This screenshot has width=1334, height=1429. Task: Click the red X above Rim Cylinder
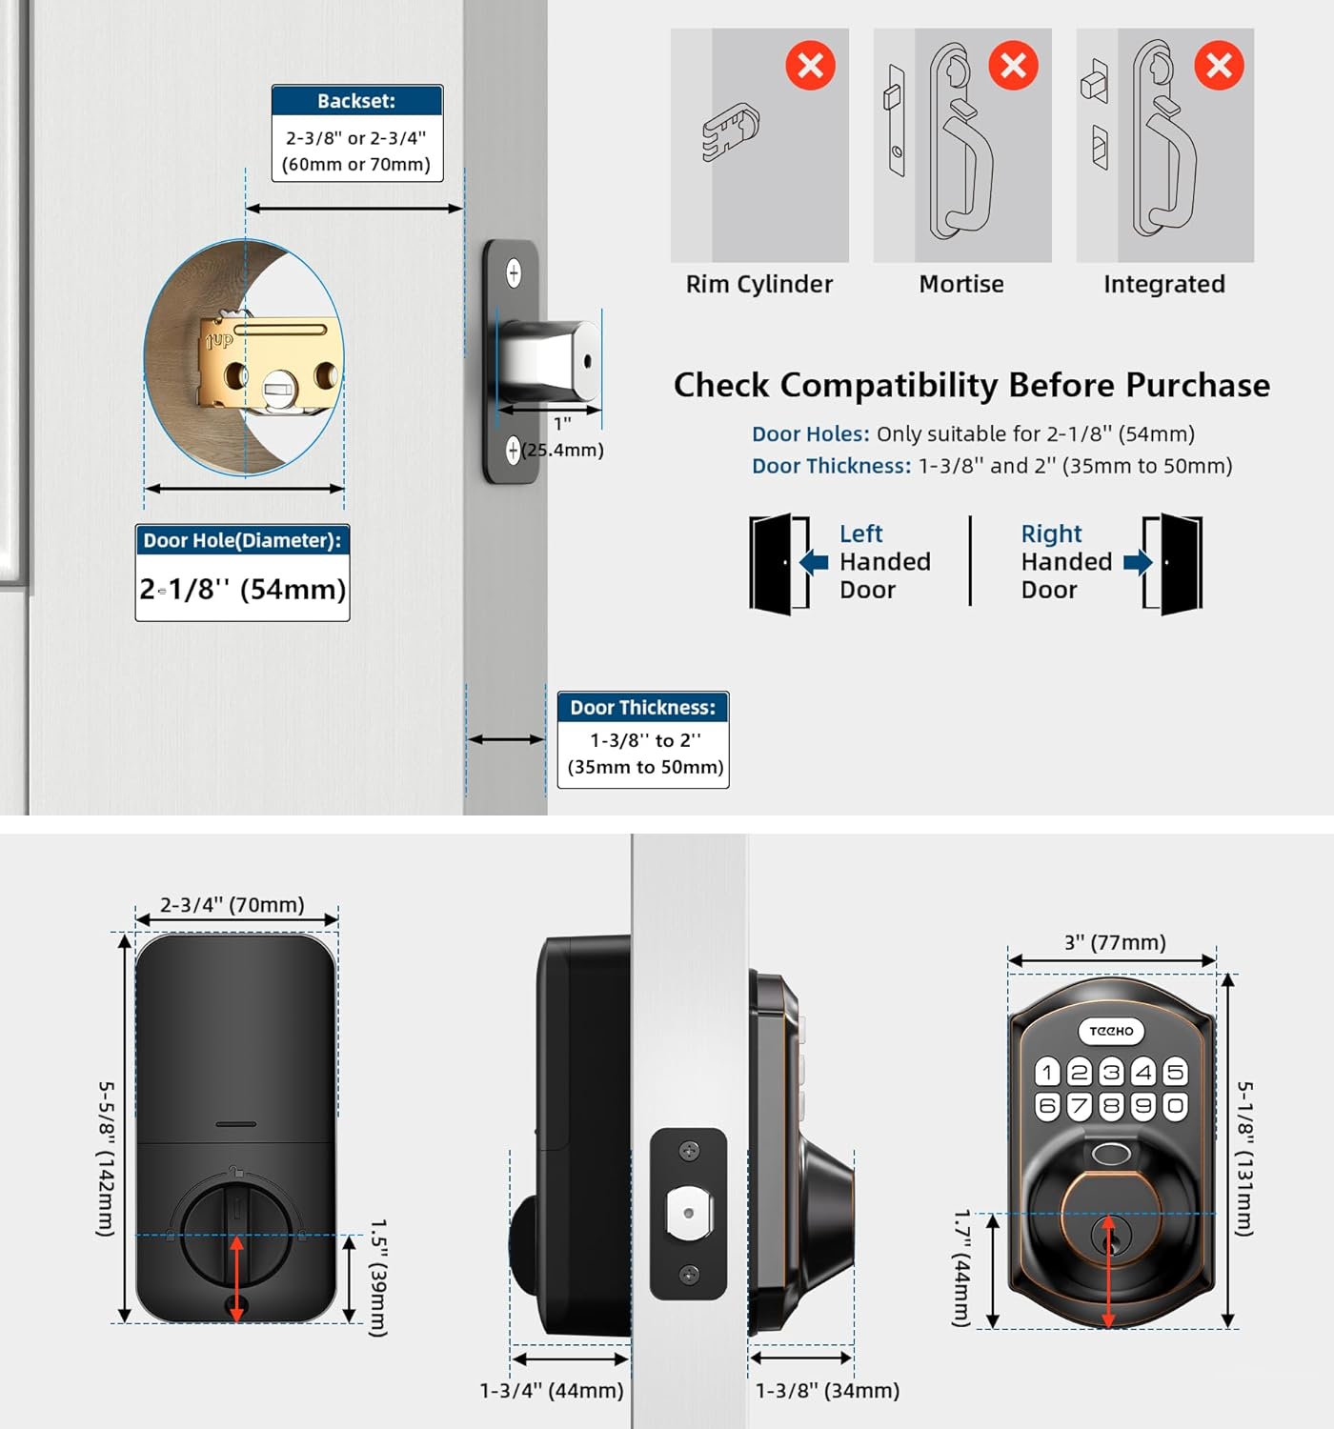click(x=810, y=66)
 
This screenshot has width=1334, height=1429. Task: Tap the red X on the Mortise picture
click(x=1013, y=66)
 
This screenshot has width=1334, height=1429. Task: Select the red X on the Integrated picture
click(x=1219, y=66)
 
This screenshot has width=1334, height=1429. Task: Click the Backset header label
click(x=356, y=101)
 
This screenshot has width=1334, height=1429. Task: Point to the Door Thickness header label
click(x=643, y=708)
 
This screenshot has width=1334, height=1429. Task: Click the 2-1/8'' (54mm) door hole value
click(x=243, y=590)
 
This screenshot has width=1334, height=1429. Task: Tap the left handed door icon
click(x=778, y=564)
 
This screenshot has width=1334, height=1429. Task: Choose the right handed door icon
click(x=1174, y=564)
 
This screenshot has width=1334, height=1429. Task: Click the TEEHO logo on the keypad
click(x=1111, y=1031)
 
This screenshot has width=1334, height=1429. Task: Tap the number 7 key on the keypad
click(x=1079, y=1106)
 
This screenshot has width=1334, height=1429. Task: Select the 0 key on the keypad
click(x=1176, y=1106)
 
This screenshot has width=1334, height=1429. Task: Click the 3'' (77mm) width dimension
click(x=1115, y=942)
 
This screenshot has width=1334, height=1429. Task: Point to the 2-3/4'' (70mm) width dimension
click(x=232, y=904)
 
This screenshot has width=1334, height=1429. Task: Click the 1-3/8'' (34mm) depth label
click(x=827, y=1391)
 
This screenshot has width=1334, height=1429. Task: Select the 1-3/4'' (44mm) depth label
click(x=552, y=1391)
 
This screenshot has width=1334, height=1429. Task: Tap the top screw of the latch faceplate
click(x=514, y=273)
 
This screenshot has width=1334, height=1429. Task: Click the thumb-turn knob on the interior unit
click(x=236, y=1235)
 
